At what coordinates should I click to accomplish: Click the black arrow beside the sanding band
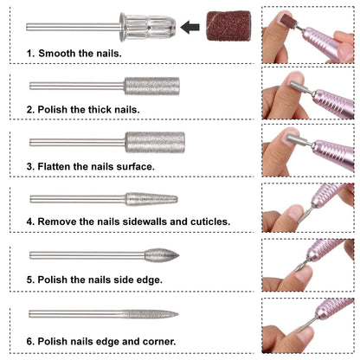pyautogui.click(x=190, y=27)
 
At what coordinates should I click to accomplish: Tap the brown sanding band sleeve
pyautogui.click(x=228, y=26)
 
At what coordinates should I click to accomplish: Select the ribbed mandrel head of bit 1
pyautogui.click(x=148, y=27)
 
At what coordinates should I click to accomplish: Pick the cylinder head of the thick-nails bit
pyautogui.click(x=152, y=86)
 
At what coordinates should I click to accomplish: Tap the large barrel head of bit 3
pyautogui.click(x=155, y=142)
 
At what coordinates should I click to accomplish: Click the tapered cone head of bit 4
pyautogui.click(x=151, y=199)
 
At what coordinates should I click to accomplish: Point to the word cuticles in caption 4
pyautogui.click(x=210, y=222)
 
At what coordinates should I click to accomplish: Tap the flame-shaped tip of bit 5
pyautogui.click(x=162, y=255)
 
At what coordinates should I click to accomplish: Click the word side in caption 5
pyautogui.click(x=124, y=280)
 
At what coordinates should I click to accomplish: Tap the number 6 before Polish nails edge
pyautogui.click(x=30, y=342)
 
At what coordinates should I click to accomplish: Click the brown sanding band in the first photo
pyautogui.click(x=287, y=20)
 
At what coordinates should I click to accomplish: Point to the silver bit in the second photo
pyautogui.click(x=300, y=88)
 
